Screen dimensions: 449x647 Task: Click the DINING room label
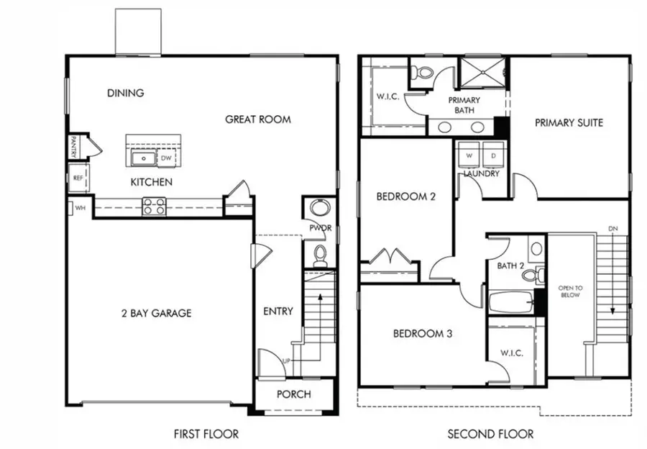125,93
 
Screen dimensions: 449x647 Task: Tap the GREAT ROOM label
258,119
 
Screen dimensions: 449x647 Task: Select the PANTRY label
73,148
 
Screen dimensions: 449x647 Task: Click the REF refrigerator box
78,177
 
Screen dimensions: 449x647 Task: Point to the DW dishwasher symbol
166,158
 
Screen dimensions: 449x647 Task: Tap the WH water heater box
78,209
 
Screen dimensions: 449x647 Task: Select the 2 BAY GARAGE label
155,313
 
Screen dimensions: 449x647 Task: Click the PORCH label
294,394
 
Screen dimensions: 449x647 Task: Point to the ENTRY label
278,311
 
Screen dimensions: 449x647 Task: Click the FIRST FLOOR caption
206,434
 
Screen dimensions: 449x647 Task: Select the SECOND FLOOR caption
491,434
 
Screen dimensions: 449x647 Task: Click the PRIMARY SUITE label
569,123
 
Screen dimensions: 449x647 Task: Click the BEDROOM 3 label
422,334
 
